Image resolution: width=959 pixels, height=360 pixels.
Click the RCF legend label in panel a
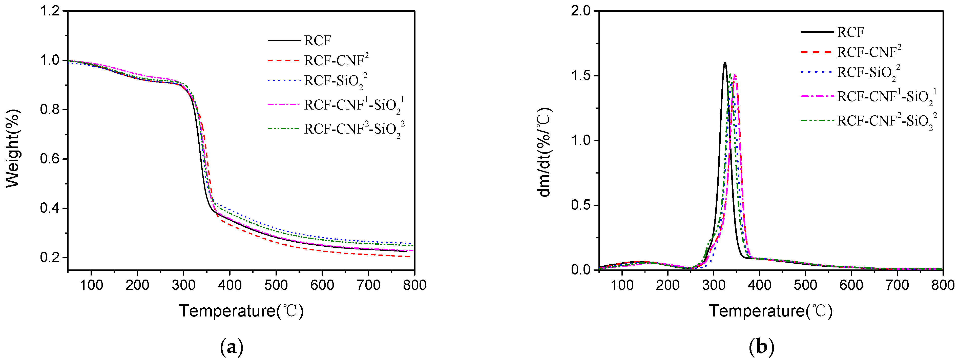[x=317, y=40]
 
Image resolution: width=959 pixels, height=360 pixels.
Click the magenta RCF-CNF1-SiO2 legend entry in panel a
[x=353, y=105]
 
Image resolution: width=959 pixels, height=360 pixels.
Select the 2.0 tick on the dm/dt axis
[x=581, y=11]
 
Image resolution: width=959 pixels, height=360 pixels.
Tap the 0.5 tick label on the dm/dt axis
[x=581, y=205]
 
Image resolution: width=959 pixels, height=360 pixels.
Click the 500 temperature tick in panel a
[x=276, y=285]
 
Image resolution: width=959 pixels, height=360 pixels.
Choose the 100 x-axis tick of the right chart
[x=622, y=285]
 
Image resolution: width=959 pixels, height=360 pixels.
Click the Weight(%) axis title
[x=13, y=148]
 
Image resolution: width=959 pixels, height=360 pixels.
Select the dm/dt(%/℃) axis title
[x=544, y=152]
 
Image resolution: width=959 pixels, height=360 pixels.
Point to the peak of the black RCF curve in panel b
[x=724, y=62]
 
